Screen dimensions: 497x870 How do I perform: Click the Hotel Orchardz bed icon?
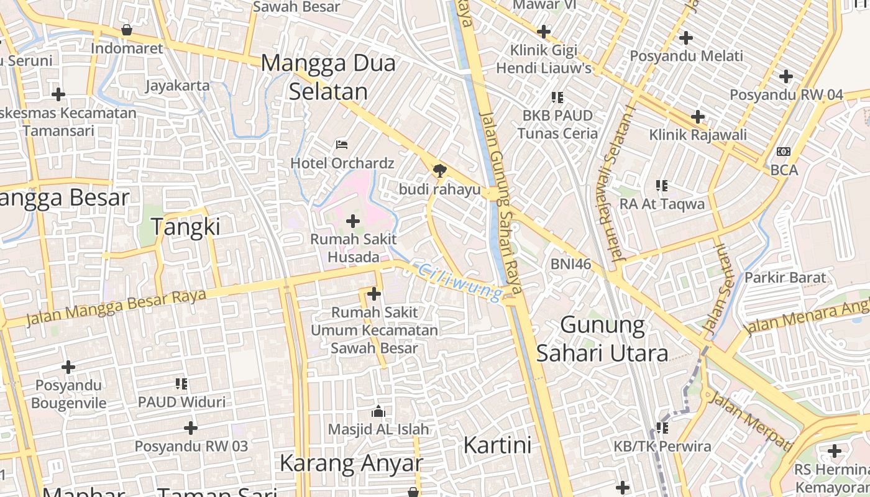tap(341, 145)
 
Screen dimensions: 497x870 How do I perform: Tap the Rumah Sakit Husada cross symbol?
tap(353, 221)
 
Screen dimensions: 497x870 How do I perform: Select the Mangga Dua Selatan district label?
tap(328, 77)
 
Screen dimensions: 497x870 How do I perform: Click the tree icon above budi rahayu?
tap(439, 170)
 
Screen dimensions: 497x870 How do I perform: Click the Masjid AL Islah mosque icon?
tap(378, 411)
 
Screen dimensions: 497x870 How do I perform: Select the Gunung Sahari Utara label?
tap(602, 339)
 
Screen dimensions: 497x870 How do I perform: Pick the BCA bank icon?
tap(784, 151)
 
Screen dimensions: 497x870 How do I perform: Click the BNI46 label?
tap(570, 264)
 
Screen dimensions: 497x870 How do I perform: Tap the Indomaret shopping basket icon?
tap(127, 30)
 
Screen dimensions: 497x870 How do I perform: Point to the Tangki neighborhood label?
tap(186, 227)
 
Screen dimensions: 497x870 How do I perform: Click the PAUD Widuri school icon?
tap(181, 383)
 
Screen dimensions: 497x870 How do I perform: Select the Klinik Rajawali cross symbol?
tap(698, 116)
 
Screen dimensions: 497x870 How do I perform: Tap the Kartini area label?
tap(497, 445)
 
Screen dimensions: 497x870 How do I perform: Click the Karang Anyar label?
tap(351, 463)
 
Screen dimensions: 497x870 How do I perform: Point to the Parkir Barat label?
tap(785, 278)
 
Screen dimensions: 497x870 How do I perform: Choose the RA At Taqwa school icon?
tap(662, 185)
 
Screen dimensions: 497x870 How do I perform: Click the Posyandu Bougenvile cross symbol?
tap(68, 367)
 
